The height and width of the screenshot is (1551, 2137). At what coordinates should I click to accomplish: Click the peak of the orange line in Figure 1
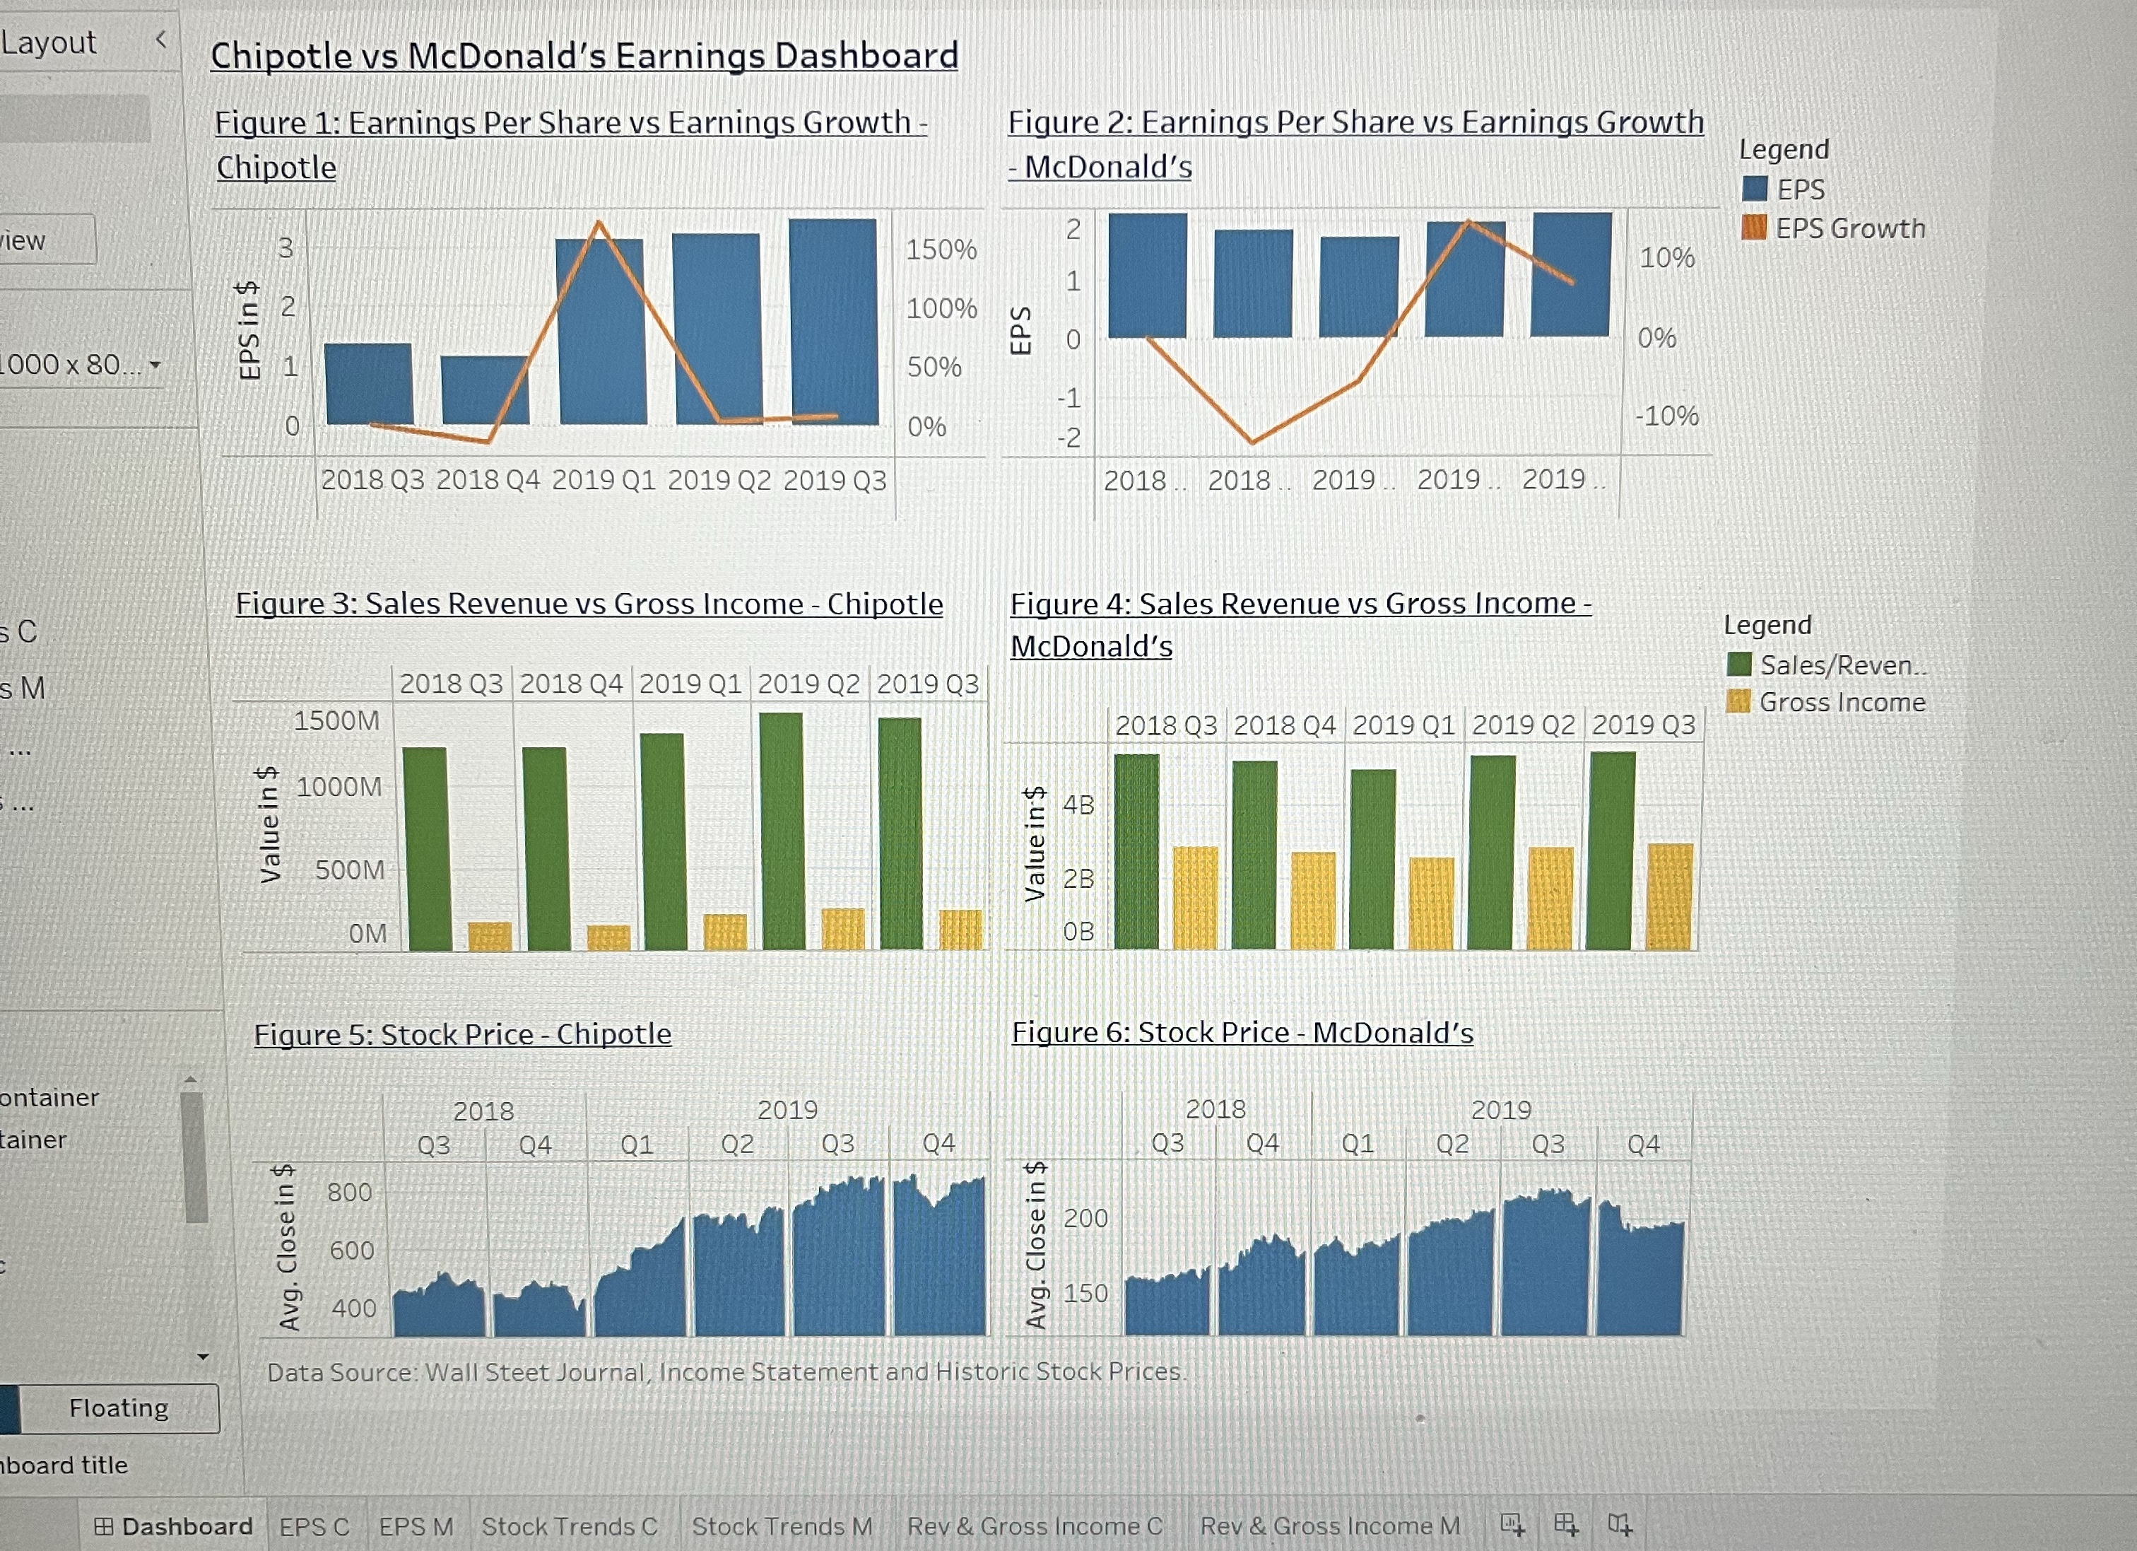(x=599, y=223)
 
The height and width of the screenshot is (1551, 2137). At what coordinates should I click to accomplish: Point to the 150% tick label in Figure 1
(x=941, y=250)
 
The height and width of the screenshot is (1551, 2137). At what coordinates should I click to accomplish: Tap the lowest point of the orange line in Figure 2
(x=1252, y=441)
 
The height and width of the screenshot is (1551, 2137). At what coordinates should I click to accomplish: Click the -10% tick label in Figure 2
(x=1666, y=416)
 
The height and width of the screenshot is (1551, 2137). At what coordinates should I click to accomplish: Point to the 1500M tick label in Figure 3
(x=336, y=721)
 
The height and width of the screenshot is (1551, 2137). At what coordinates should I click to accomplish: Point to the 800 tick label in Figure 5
(x=350, y=1192)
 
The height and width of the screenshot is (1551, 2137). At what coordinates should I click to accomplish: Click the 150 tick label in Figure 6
(x=1085, y=1293)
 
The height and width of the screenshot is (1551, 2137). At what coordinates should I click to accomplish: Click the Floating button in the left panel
(x=119, y=1407)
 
